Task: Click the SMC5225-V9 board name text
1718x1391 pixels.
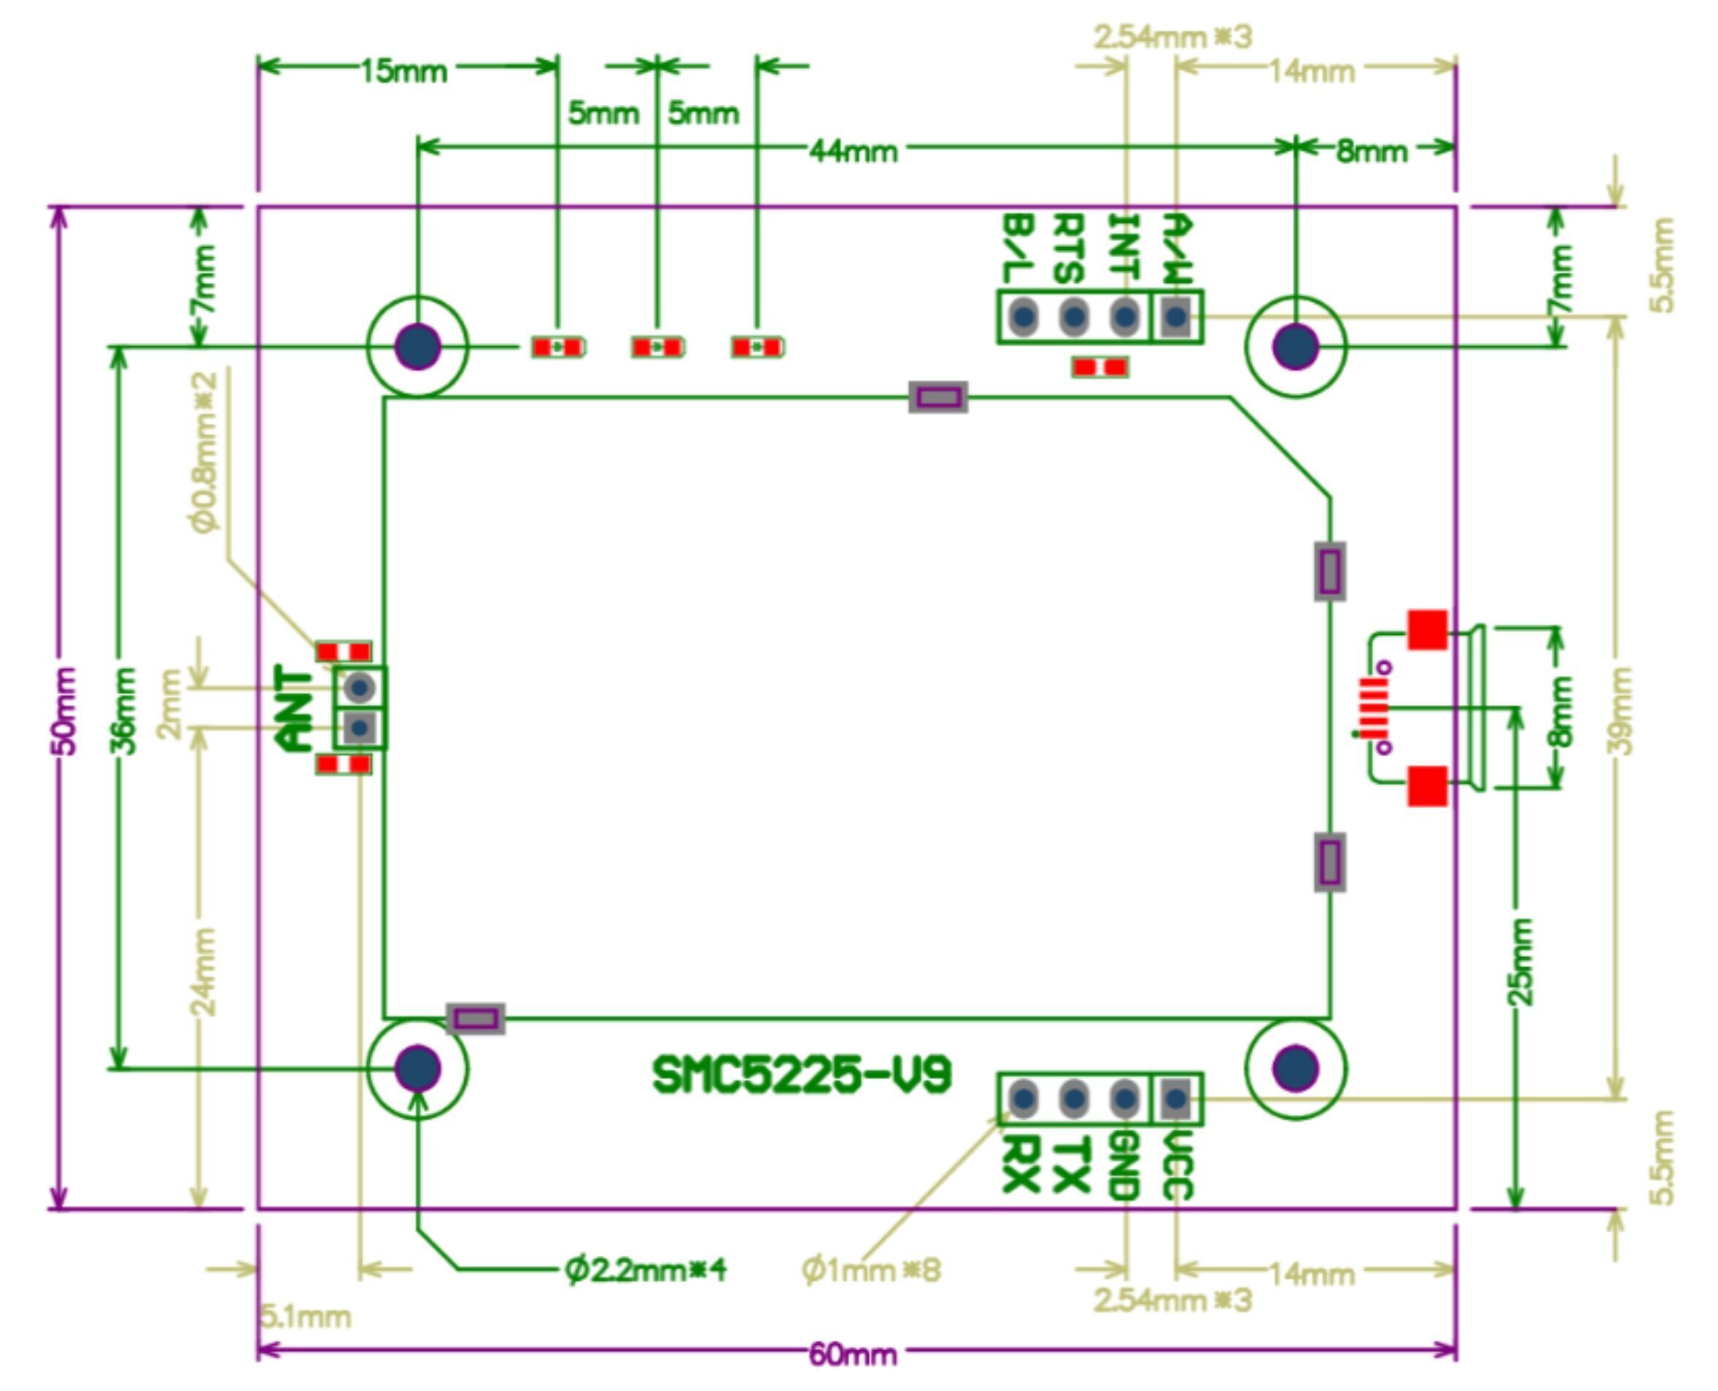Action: click(802, 1075)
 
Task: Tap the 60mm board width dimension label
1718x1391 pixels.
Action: click(853, 1355)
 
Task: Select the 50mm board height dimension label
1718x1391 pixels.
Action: click(64, 710)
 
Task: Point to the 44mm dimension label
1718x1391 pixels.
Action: click(853, 150)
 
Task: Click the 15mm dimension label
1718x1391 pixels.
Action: click(403, 72)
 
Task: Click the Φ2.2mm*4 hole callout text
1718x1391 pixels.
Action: click(646, 1270)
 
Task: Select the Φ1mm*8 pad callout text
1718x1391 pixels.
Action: click(871, 1270)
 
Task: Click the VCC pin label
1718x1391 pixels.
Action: click(1177, 1166)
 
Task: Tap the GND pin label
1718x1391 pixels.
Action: click(1125, 1166)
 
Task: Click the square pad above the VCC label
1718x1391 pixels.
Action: click(1176, 1098)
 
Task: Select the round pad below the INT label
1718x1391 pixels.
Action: click(1125, 317)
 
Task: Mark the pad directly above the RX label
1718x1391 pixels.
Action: click(1023, 1098)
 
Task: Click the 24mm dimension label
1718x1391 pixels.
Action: click(205, 971)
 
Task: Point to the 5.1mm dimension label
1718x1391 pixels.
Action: click(306, 1317)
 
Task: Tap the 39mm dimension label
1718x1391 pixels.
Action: click(1620, 710)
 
